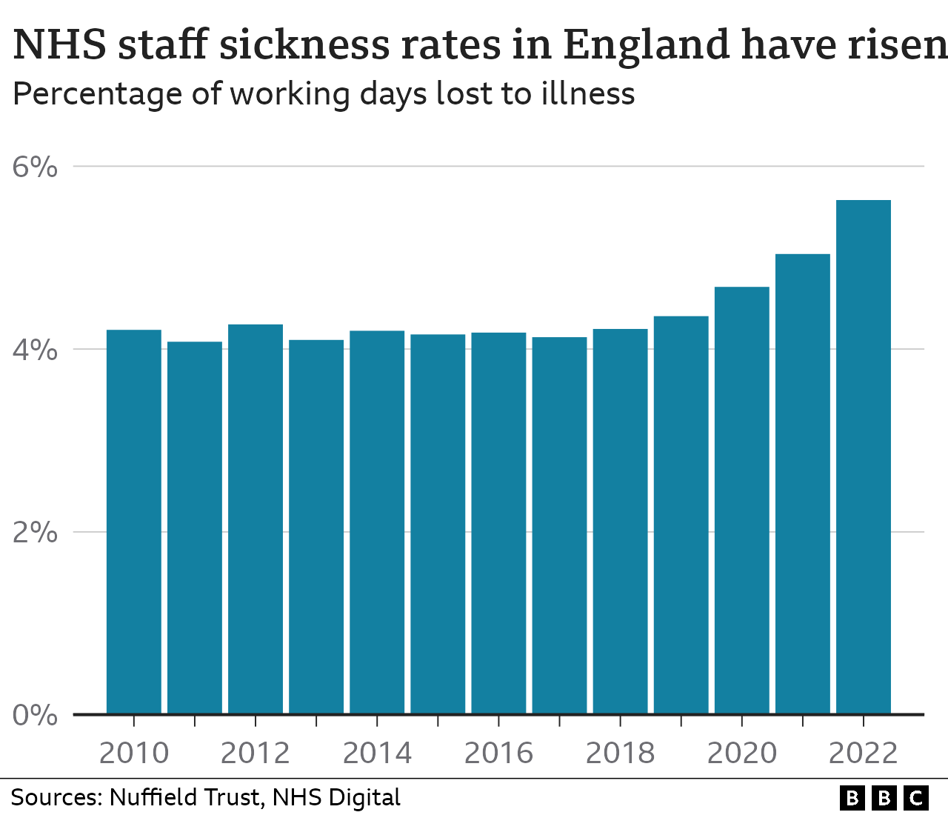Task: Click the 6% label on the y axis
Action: (35, 167)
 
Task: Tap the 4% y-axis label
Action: (35, 350)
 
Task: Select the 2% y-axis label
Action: (35, 533)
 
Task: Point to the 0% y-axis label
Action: (35, 716)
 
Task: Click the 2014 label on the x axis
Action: (377, 754)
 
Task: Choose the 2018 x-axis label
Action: (620, 754)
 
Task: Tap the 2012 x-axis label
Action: (256, 754)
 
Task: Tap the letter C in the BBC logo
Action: (916, 798)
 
